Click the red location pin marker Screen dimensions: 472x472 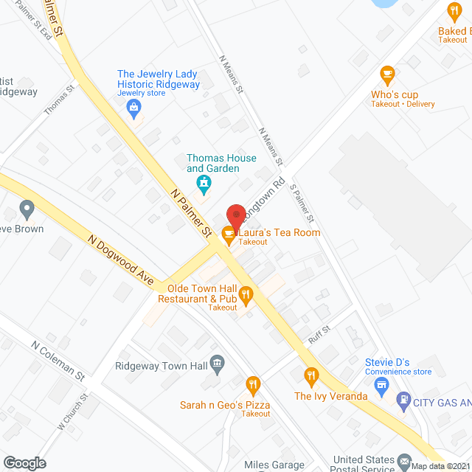click(235, 216)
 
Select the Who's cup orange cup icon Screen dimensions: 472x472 click(386, 74)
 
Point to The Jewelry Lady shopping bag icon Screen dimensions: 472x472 click(135, 111)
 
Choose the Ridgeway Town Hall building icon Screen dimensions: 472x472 click(217, 363)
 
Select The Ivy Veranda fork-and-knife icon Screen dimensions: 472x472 click(312, 376)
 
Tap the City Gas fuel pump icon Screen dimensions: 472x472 click(403, 402)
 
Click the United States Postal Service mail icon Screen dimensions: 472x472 click(404, 462)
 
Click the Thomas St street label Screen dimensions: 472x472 click(60, 100)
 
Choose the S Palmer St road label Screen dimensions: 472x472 click(302, 204)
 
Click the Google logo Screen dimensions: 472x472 click(24, 462)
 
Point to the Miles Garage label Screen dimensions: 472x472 click(274, 465)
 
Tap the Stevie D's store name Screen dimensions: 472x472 click(387, 362)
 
